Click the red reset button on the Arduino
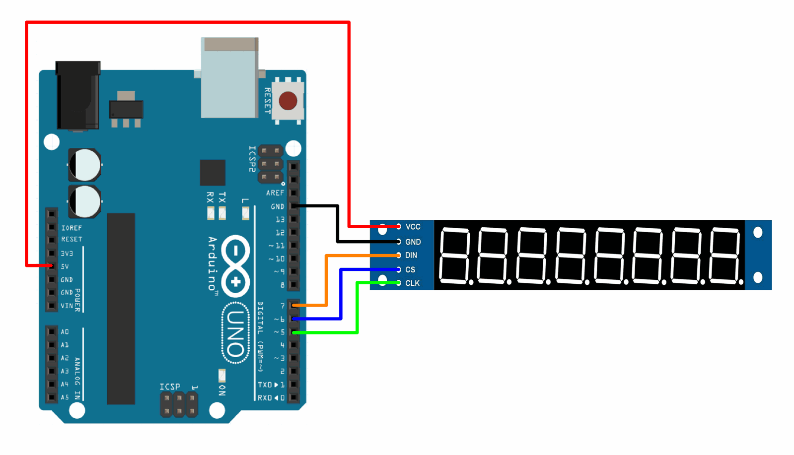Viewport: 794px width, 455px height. point(288,101)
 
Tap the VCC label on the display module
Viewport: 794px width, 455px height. point(413,227)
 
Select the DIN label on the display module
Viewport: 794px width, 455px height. point(411,255)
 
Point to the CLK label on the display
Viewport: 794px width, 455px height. point(412,283)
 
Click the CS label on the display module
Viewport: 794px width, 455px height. point(410,269)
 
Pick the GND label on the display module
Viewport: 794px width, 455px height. point(413,242)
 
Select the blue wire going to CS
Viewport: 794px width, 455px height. point(341,298)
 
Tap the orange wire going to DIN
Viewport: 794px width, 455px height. point(326,283)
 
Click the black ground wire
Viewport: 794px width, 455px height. point(338,223)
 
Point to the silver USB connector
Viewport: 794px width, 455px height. point(229,79)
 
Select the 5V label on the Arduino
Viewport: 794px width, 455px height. point(65,266)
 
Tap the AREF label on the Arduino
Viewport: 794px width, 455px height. point(275,193)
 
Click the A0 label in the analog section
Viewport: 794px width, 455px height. point(65,331)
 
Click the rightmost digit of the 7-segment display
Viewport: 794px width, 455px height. point(725,256)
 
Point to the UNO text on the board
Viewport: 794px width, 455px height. point(235,333)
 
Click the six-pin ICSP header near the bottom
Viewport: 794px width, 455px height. point(179,404)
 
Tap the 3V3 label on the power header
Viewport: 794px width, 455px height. point(67,254)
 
